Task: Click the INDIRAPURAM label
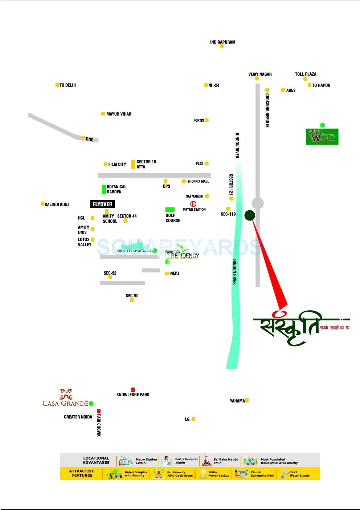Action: click(x=222, y=42)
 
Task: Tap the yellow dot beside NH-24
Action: click(x=206, y=85)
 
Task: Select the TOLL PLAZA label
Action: click(x=306, y=74)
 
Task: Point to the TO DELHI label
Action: click(x=67, y=85)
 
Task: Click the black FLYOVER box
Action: click(x=102, y=205)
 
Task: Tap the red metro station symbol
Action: click(x=193, y=204)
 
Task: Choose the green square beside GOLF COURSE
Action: click(x=170, y=210)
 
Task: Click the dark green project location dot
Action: click(x=250, y=215)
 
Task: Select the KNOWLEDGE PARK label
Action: click(x=133, y=394)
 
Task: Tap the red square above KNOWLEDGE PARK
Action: click(x=133, y=389)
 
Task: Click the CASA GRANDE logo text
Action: click(x=65, y=403)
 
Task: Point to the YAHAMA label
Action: click(x=237, y=401)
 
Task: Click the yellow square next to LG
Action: click(x=193, y=419)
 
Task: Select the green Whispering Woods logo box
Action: click(x=322, y=137)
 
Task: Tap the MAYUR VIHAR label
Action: click(x=119, y=114)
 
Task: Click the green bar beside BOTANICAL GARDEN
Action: click(x=104, y=189)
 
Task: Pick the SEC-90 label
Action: click(x=132, y=296)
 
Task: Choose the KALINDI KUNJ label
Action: click(x=57, y=205)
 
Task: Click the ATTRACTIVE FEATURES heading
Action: click(x=82, y=473)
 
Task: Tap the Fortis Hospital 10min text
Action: click(x=186, y=461)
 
